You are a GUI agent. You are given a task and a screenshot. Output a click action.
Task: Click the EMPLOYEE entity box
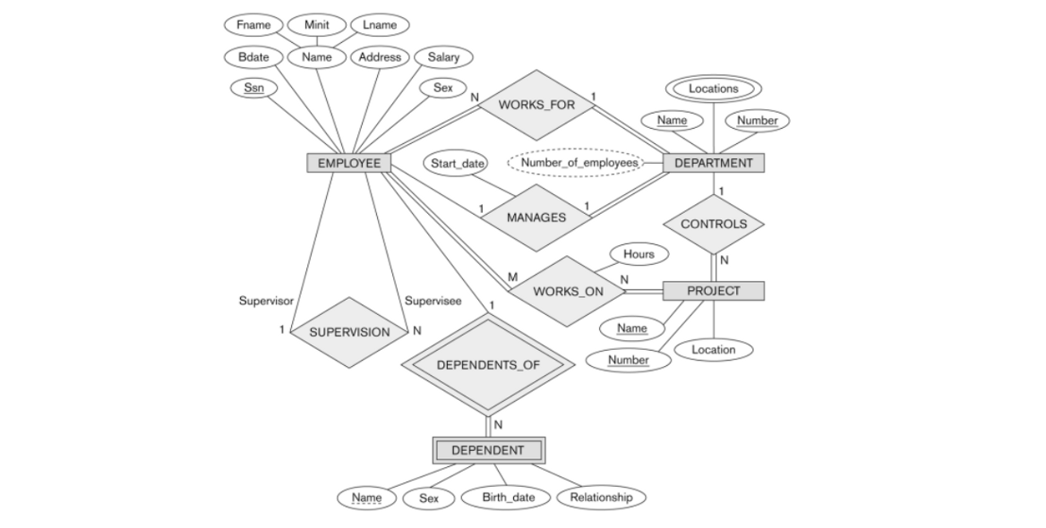348,163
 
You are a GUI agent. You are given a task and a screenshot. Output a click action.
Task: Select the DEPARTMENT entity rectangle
713,163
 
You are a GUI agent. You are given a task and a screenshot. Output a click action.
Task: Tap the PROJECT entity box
713,291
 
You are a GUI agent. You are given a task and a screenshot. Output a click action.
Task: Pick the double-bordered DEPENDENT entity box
487,450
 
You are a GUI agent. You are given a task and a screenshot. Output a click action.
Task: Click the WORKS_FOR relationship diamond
536,105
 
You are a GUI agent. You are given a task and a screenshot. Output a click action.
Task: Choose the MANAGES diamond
536,217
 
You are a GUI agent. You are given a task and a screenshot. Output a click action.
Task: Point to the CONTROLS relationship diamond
713,224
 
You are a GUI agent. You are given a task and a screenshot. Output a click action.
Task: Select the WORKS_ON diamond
567,292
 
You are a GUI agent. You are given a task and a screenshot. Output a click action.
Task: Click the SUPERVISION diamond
349,332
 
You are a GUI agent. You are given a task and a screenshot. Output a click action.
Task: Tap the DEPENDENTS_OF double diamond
487,365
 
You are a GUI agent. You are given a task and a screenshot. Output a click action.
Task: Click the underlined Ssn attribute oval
253,88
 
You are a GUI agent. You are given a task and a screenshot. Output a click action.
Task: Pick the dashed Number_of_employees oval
574,163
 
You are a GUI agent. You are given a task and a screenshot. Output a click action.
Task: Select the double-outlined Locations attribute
713,89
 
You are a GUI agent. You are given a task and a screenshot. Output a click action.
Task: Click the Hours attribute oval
639,254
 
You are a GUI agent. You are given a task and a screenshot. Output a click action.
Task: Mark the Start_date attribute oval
457,164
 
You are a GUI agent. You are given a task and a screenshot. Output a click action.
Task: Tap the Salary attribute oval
443,57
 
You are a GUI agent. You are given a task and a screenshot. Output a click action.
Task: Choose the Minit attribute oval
317,25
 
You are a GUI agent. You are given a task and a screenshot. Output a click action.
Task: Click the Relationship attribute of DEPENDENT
600,498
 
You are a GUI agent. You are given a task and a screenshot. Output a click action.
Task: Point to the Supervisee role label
433,301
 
